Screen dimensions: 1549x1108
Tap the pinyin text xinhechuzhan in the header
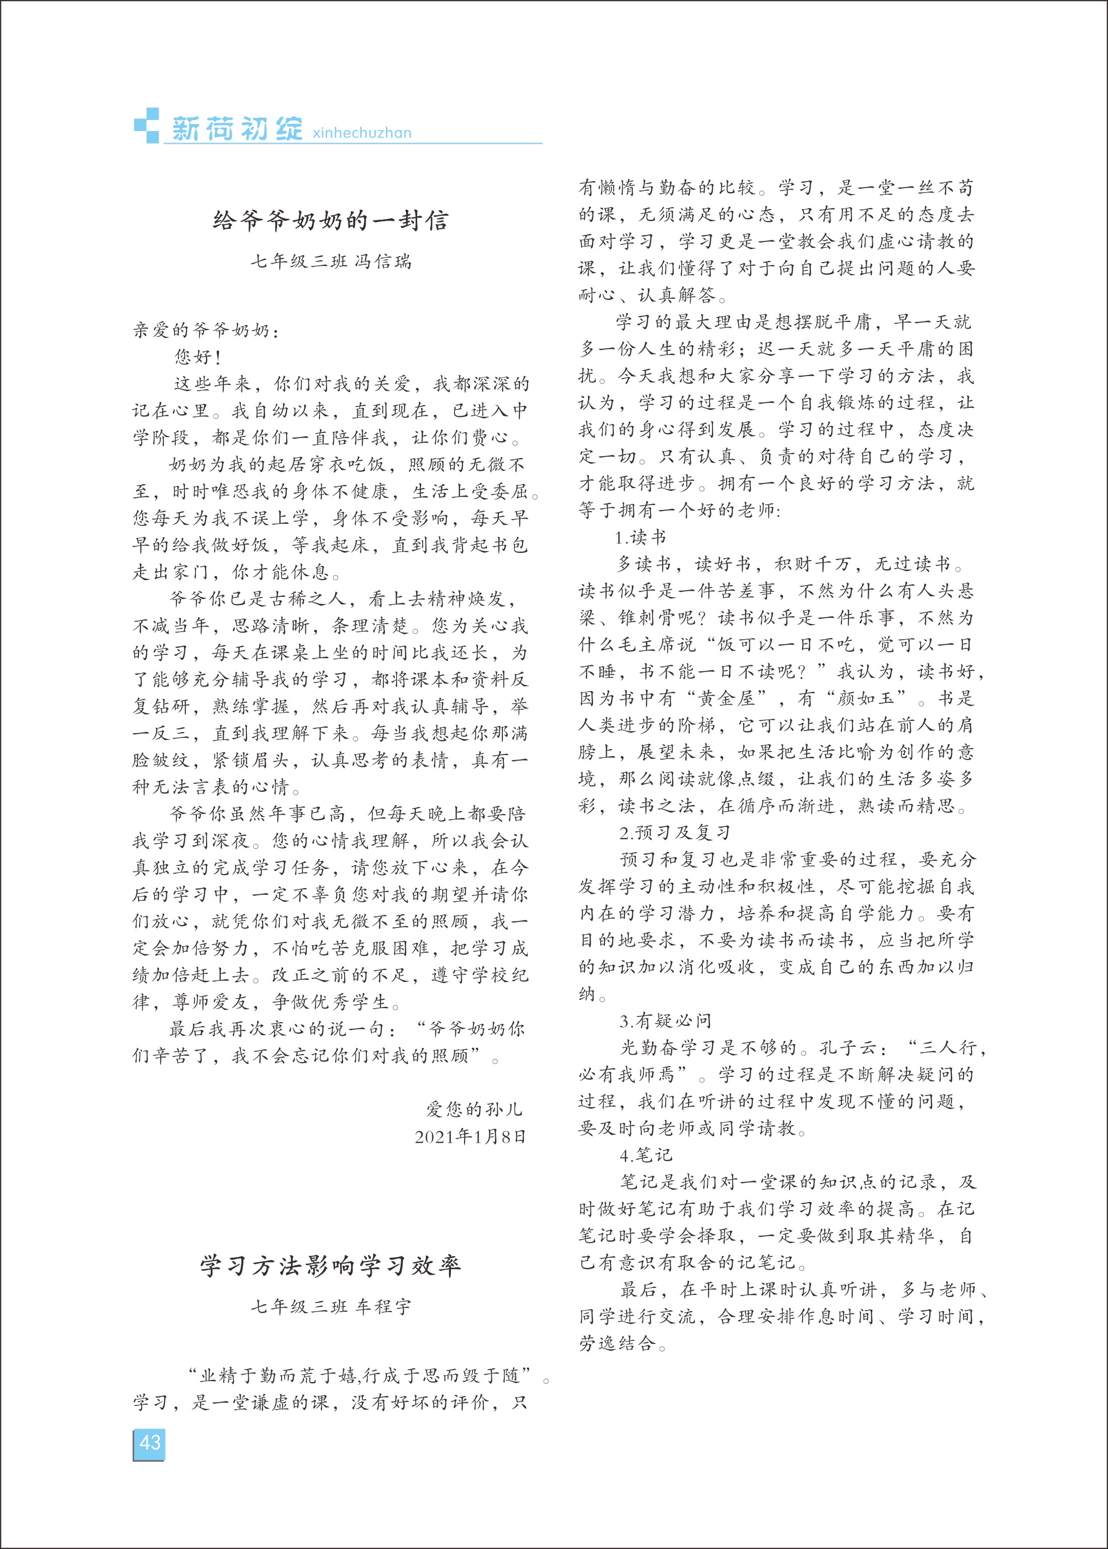coord(362,133)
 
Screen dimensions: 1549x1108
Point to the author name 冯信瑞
coord(384,261)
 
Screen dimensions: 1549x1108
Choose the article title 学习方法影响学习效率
coord(331,1266)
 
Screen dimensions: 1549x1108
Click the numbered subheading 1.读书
coord(640,538)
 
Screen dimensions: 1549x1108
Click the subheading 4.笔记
coord(645,1155)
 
